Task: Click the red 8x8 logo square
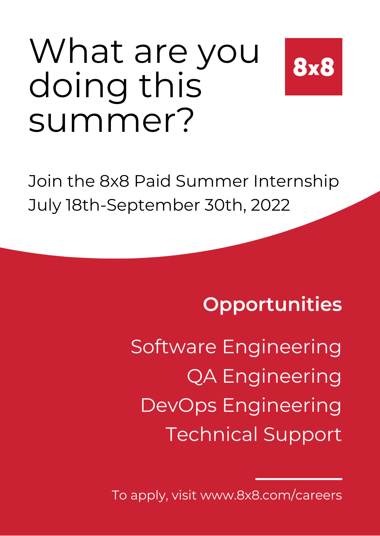tap(313, 67)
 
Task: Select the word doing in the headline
tap(78, 86)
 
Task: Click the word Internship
tap(296, 182)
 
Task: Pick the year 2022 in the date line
tap(270, 205)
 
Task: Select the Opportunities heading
tap(272, 304)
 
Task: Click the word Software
tap(174, 347)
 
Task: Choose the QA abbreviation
tap(202, 376)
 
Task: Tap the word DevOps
tap(179, 406)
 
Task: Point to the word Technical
tap(212, 435)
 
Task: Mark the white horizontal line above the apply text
tap(299, 479)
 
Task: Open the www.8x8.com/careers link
tap(271, 496)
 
